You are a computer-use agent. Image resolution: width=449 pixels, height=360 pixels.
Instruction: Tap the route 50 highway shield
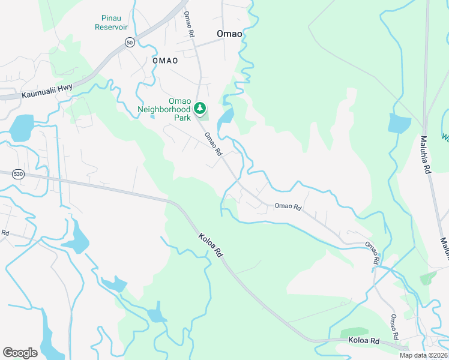click(x=130, y=42)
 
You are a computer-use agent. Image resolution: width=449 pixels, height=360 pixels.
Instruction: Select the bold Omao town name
click(x=229, y=34)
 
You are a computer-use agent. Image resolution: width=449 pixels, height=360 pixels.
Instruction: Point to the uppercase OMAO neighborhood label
click(x=165, y=61)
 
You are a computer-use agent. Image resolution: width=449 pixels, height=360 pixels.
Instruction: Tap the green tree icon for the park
click(x=200, y=109)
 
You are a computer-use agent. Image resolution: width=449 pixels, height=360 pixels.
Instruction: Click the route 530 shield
click(x=18, y=174)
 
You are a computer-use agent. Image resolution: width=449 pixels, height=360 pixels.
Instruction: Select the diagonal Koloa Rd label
click(x=211, y=245)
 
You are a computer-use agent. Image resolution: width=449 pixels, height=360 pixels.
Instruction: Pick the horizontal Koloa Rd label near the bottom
click(x=364, y=341)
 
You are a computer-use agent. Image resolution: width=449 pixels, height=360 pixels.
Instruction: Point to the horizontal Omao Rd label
click(x=288, y=206)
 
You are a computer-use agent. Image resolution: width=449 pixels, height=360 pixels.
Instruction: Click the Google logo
click(x=20, y=353)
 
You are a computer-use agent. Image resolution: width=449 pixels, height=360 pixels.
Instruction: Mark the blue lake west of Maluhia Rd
click(x=399, y=123)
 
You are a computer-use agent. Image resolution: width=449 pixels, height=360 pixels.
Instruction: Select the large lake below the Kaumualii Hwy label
click(x=22, y=127)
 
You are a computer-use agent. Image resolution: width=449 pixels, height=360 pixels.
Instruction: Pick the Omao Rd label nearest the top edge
click(x=189, y=25)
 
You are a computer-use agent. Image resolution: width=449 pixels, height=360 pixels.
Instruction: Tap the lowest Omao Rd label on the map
click(x=394, y=327)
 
